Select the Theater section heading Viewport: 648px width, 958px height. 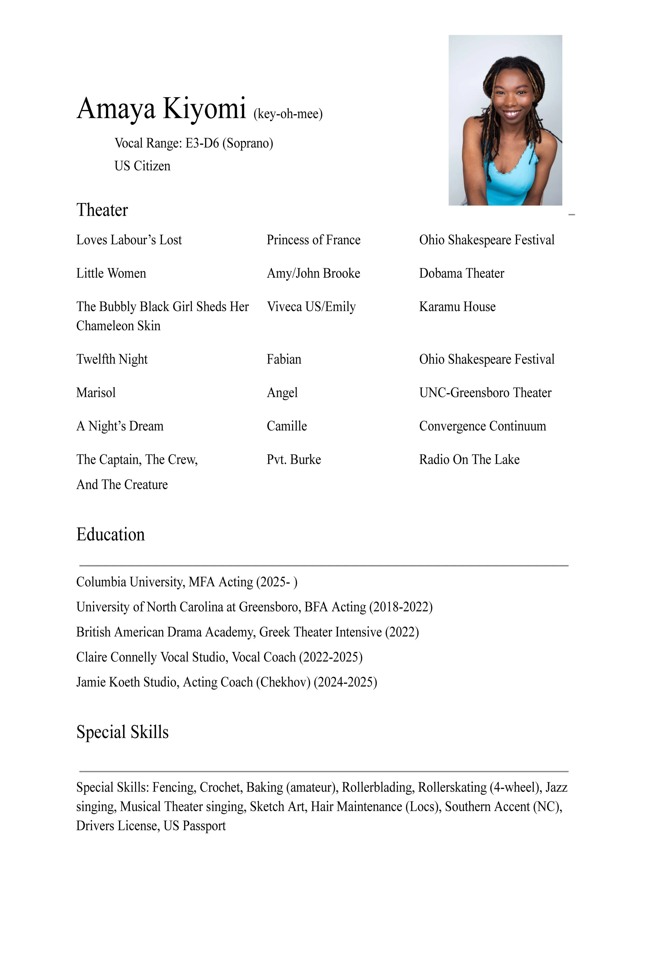click(x=102, y=210)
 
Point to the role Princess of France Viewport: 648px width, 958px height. click(x=313, y=240)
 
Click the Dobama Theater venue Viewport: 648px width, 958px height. click(x=461, y=273)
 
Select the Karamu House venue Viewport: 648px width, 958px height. click(x=457, y=307)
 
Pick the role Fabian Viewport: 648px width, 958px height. click(x=284, y=359)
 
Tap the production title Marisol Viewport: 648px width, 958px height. click(x=96, y=392)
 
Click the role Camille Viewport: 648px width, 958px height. click(x=287, y=426)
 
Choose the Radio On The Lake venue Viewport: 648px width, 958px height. click(x=469, y=459)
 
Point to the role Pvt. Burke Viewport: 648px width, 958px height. click(x=294, y=459)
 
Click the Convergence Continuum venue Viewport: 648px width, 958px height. click(x=482, y=426)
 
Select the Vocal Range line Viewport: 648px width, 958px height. click(x=194, y=143)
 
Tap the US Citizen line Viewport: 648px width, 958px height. click(x=142, y=166)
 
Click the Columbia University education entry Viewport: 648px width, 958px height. click(x=187, y=582)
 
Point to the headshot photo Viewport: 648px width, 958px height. click(x=505, y=120)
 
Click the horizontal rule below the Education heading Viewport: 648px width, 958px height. click(x=324, y=566)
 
